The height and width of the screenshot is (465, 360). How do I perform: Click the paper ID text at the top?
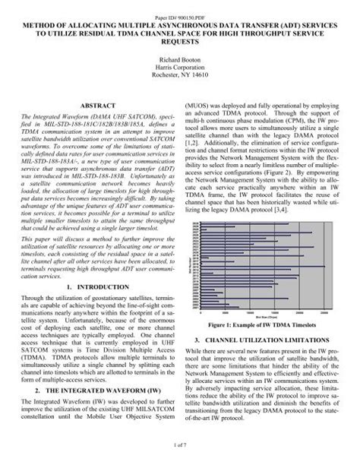(179, 7)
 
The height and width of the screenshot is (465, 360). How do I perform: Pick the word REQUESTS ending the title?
(180, 36)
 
